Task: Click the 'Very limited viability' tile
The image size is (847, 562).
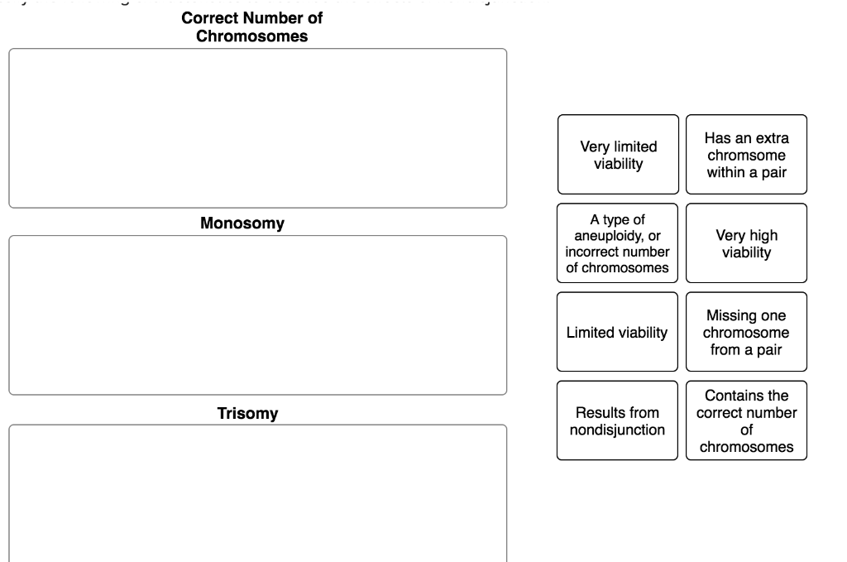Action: pyautogui.click(x=618, y=155)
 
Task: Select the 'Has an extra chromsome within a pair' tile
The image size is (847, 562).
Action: pyautogui.click(x=746, y=155)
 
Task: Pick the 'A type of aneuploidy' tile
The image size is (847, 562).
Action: pyautogui.click(x=617, y=243)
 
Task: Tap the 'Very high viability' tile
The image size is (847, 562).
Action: pyautogui.click(x=746, y=243)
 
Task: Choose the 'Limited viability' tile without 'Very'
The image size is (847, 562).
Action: pyautogui.click(x=617, y=332)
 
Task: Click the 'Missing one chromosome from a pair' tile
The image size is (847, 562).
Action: pyautogui.click(x=746, y=332)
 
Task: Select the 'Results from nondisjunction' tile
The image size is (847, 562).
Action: pyautogui.click(x=617, y=420)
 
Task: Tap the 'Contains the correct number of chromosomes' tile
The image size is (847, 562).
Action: pyautogui.click(x=746, y=420)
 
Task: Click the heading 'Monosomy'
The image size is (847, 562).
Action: pyautogui.click(x=242, y=223)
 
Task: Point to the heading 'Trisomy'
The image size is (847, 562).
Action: pyautogui.click(x=247, y=413)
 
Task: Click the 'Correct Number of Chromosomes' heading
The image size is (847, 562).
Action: pyautogui.click(x=251, y=27)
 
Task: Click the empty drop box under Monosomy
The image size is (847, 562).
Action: pyautogui.click(x=257, y=315)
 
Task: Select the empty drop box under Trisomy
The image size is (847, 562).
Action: pyautogui.click(x=257, y=493)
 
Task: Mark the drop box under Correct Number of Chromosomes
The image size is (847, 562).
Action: pyautogui.click(x=257, y=128)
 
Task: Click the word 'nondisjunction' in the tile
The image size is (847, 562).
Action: pyautogui.click(x=617, y=430)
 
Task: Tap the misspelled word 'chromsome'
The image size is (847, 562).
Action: pyautogui.click(x=746, y=156)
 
